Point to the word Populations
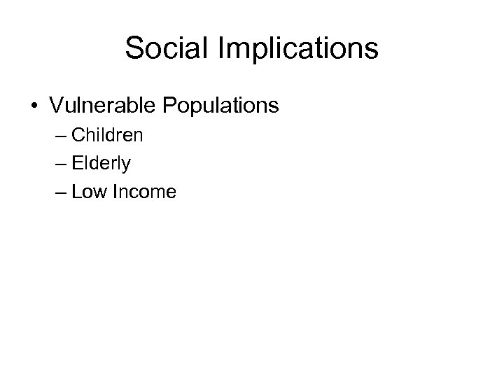(x=220, y=106)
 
